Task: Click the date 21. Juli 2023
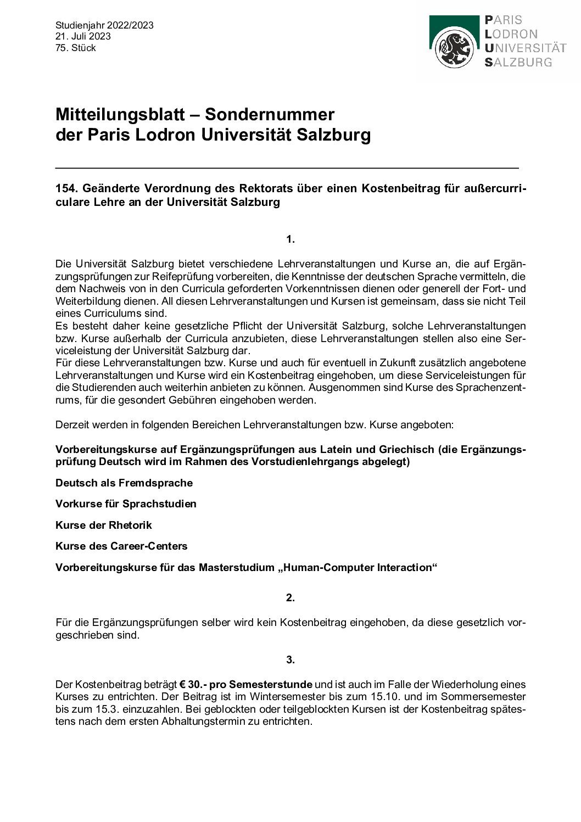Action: [x=83, y=36]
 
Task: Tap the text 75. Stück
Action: [x=76, y=48]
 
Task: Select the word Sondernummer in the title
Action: [x=270, y=114]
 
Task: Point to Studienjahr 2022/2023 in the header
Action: [x=104, y=25]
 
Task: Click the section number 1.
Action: [x=290, y=239]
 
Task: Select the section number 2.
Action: [x=290, y=597]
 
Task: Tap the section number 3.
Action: [x=290, y=659]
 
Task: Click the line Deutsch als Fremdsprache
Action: [x=124, y=483]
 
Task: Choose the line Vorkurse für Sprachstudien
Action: [x=126, y=504]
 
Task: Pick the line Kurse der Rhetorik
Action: [x=104, y=525]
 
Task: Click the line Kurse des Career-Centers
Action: [x=121, y=546]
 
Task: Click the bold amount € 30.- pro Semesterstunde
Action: [x=246, y=685]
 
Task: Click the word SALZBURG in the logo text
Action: [x=518, y=62]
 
